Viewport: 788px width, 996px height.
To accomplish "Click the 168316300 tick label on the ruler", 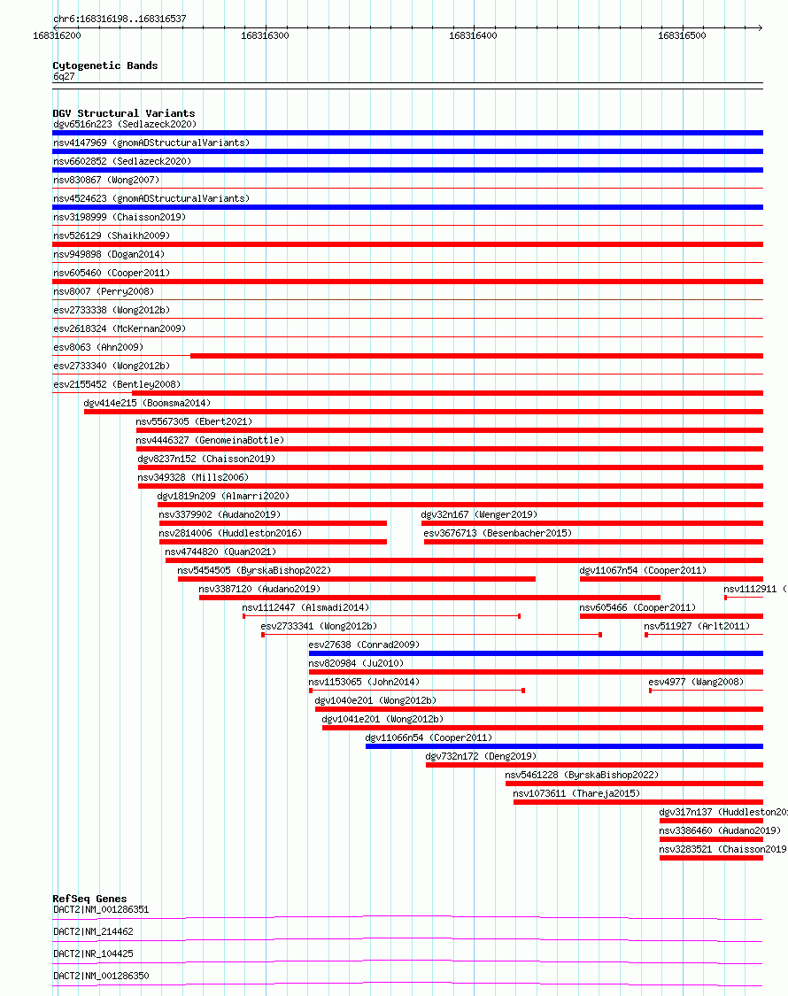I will [x=265, y=35].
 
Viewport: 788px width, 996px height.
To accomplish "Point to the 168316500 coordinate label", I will [x=682, y=35].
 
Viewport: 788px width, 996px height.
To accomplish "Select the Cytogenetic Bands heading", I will [x=104, y=66].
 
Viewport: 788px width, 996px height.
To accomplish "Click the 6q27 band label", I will [x=64, y=76].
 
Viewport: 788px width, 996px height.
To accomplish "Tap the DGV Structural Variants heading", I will [x=123, y=113].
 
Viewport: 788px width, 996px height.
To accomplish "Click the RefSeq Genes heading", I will [x=89, y=899].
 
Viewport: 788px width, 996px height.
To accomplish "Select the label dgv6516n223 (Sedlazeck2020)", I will [x=124, y=125].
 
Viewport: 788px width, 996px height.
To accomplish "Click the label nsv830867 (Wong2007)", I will [x=107, y=180].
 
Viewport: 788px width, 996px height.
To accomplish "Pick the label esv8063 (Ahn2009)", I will [x=97, y=347].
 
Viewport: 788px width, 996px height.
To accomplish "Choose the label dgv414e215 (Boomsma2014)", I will [x=147, y=403].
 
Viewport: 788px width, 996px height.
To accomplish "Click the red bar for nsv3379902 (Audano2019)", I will [x=273, y=523].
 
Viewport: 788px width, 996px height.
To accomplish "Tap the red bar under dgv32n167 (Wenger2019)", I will [x=591, y=523].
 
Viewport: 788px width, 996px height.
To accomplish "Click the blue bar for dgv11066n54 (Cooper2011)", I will [x=564, y=746].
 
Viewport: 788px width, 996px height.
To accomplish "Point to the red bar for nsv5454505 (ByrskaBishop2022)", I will [x=356, y=579].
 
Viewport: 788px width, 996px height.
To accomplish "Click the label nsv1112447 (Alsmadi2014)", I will [x=305, y=607].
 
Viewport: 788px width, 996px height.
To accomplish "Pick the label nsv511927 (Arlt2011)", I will [x=696, y=626].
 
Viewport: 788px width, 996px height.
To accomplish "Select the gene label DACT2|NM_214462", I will [x=93, y=931].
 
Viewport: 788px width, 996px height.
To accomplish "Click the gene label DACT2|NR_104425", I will [x=93, y=954].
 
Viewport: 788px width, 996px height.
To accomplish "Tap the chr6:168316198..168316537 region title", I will [x=120, y=19].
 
